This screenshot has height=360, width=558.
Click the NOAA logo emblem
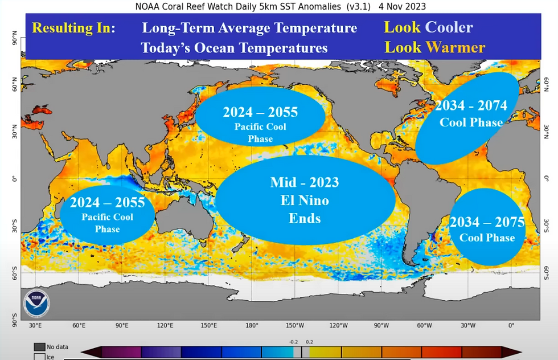[x=37, y=304]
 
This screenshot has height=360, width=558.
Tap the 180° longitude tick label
[x=252, y=326]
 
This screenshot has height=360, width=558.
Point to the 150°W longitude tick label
[x=295, y=326]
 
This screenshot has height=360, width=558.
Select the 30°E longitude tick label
[x=35, y=326]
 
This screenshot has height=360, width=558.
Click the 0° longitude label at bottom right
[x=511, y=326]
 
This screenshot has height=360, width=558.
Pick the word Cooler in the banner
[x=449, y=27]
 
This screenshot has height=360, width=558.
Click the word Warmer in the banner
[x=456, y=47]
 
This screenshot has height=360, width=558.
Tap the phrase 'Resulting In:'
[x=73, y=28]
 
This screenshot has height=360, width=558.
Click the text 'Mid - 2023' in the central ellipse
[x=304, y=182]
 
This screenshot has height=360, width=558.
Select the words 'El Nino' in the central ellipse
[x=304, y=201]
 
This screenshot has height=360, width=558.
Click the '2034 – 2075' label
[x=486, y=222]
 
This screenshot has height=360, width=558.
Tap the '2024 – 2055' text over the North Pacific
[x=260, y=112]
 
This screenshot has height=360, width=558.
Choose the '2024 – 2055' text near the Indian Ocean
[x=107, y=202]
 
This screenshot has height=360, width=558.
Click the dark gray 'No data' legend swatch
[x=39, y=347]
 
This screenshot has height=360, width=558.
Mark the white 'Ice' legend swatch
[x=39, y=357]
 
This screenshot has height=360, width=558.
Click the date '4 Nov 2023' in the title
[x=402, y=6]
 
